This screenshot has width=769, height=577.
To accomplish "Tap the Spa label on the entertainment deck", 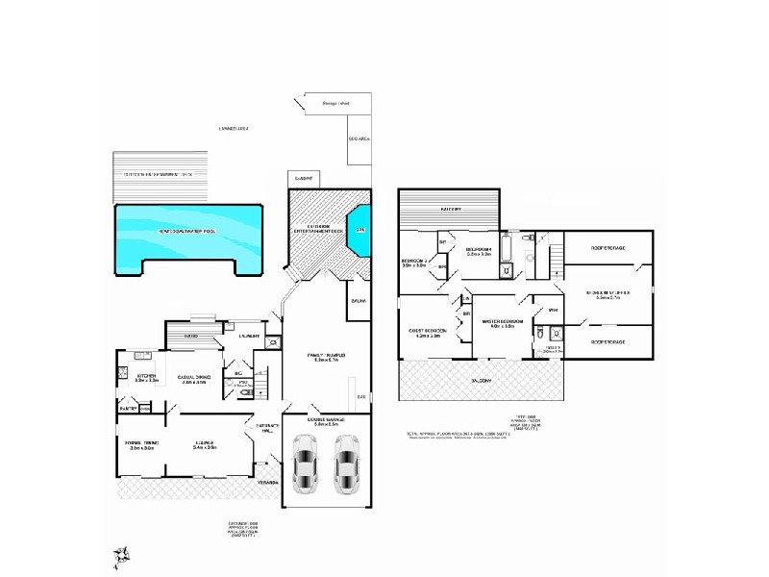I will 360,230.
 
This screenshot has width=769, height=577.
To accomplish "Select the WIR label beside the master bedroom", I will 553,310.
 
